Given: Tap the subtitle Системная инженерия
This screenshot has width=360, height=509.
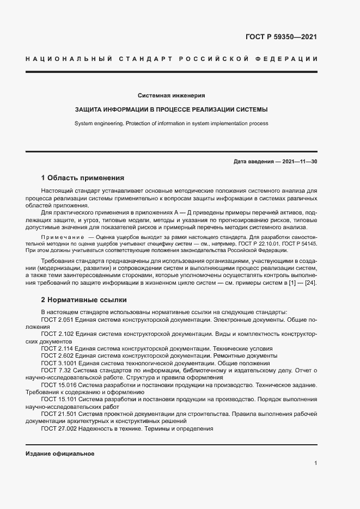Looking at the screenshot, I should tap(171, 94).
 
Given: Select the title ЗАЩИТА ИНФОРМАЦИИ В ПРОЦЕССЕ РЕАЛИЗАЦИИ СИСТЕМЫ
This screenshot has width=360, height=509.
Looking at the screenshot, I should tap(171, 109).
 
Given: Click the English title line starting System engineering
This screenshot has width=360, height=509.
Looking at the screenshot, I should tap(171, 124).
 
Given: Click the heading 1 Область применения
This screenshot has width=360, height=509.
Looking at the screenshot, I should tap(83, 178).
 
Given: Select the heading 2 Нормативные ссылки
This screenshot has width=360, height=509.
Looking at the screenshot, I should tap(84, 299).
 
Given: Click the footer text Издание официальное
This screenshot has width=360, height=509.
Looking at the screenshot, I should tap(60, 453).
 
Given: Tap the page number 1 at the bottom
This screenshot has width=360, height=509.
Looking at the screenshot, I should tap(316, 463).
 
